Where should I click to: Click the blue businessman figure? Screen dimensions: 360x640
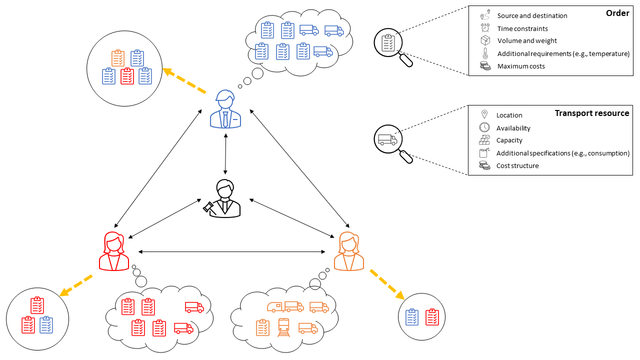point(225,110)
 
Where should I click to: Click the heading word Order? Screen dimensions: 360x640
point(617,13)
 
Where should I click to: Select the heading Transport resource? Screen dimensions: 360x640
point(592,113)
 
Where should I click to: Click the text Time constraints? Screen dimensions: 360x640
point(522,28)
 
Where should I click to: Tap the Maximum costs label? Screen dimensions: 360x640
point(521,66)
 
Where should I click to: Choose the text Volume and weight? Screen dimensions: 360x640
point(527,41)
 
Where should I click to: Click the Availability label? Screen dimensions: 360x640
point(513,128)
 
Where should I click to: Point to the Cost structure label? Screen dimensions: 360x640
point(517,165)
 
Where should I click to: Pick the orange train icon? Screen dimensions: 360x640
point(284,327)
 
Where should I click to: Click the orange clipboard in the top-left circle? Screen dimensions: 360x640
point(118,58)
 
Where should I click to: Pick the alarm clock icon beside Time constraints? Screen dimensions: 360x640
point(484,28)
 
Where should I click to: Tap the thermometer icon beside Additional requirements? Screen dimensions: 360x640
point(484,53)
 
